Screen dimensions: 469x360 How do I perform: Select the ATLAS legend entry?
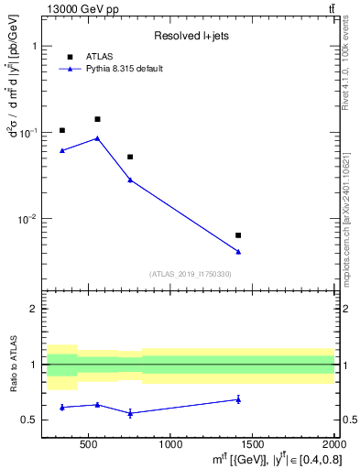tap(98, 56)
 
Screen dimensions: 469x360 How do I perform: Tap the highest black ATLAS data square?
tap(97, 119)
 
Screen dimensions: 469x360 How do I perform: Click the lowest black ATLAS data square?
tap(238, 235)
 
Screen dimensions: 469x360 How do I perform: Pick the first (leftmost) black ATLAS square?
tap(62, 130)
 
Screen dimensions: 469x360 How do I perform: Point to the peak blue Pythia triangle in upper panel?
tap(97, 138)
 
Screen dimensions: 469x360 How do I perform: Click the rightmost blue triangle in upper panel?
tap(238, 251)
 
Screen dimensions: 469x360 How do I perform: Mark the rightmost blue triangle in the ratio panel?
tap(238, 399)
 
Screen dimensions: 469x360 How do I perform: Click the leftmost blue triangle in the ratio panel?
tap(62, 407)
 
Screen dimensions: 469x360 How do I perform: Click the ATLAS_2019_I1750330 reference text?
tap(191, 274)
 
